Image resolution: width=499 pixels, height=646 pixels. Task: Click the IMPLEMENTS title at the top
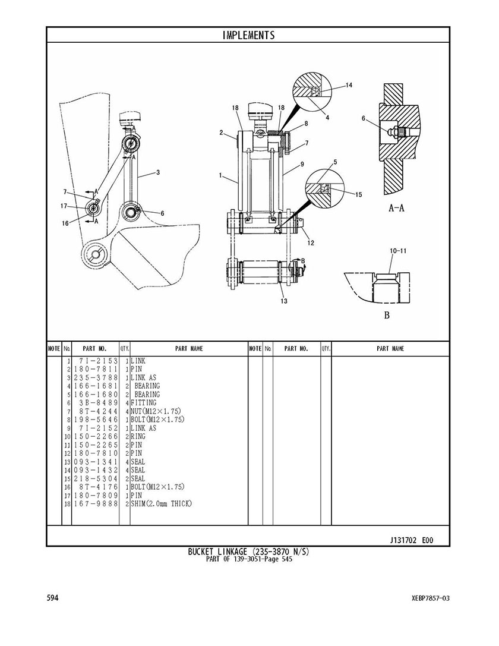[x=248, y=35]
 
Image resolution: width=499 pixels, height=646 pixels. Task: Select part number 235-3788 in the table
[x=96, y=378]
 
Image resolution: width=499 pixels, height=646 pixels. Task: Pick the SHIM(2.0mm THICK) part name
[x=162, y=503]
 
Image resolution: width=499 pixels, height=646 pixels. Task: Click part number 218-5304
[x=96, y=479]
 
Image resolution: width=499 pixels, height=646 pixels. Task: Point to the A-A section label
[x=396, y=208]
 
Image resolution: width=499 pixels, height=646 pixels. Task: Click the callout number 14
[x=348, y=86]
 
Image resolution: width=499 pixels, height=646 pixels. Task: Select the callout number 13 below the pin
[x=284, y=301]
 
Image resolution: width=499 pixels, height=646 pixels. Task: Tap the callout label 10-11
[x=398, y=250]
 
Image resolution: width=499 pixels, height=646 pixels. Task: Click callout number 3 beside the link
[x=158, y=172]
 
